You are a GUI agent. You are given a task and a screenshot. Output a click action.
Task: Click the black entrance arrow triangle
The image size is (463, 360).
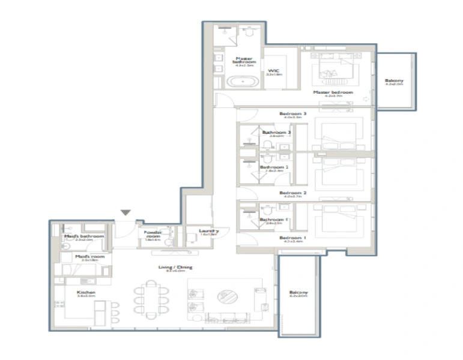[126, 212]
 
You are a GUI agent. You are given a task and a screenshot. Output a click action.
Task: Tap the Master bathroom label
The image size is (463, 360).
[245, 60]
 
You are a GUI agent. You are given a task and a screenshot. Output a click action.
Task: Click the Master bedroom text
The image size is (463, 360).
[333, 92]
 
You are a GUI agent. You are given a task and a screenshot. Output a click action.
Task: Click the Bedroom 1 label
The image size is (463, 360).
[292, 238]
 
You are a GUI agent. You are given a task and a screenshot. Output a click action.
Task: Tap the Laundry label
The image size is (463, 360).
[210, 231]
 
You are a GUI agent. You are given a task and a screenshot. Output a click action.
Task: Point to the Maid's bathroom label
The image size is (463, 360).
[84, 236]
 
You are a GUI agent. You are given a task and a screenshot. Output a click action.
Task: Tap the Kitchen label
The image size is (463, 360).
[86, 293]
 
